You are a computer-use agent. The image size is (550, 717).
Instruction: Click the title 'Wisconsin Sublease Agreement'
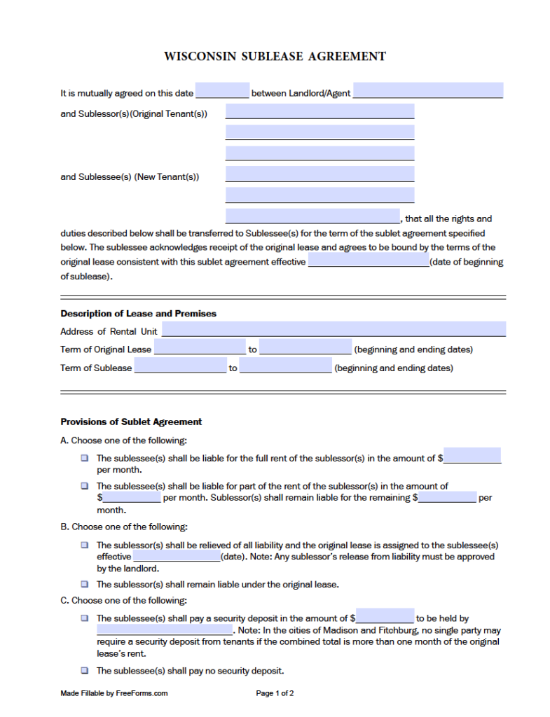[275, 56]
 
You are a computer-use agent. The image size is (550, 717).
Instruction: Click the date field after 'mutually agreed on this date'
[222, 91]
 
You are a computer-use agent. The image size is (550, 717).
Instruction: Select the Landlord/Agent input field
[427, 91]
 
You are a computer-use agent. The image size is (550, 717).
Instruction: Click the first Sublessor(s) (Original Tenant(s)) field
[319, 112]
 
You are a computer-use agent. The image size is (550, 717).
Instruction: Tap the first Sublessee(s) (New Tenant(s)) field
[319, 174]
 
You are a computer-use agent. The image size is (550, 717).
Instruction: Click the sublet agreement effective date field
[369, 260]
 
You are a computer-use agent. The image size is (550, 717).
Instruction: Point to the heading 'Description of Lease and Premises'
[138, 314]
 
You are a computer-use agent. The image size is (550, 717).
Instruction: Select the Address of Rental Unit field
[334, 330]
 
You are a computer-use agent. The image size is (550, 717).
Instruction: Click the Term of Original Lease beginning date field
[200, 348]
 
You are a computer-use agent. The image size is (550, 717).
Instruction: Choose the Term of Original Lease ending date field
[305, 348]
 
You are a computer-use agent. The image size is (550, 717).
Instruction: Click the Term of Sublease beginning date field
[180, 366]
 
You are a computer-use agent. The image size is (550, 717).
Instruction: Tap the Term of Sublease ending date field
[285, 366]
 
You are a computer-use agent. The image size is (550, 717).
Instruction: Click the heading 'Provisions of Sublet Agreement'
[131, 422]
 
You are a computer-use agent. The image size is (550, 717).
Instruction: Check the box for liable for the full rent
[84, 458]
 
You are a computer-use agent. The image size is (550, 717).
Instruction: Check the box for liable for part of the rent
[84, 485]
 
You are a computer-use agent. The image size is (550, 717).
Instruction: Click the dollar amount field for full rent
[472, 457]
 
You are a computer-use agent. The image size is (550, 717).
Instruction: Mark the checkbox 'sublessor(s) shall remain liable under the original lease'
[84, 584]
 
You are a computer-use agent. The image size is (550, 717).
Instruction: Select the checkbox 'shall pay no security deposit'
[84, 670]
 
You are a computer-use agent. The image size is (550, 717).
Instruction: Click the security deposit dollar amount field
[385, 617]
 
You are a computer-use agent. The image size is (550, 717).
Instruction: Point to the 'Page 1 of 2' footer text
[275, 693]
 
